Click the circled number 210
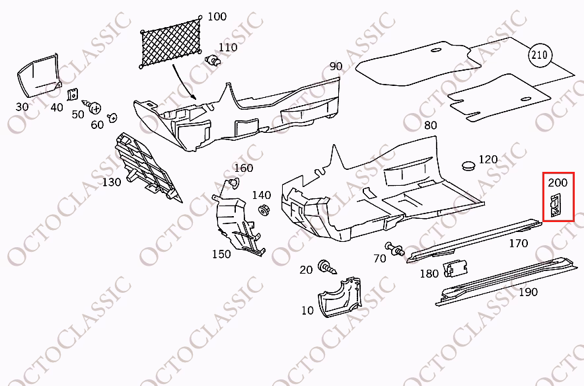[540, 55]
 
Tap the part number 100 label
[217, 17]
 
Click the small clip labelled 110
[213, 60]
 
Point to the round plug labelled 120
[468, 165]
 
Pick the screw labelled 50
[92, 107]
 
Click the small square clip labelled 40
[73, 95]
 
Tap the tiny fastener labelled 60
[112, 118]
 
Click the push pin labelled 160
[233, 183]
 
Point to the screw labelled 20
[326, 267]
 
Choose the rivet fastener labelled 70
[394, 249]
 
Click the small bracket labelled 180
[455, 268]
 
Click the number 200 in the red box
[558, 182]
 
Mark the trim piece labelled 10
[339, 297]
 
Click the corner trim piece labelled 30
[38, 75]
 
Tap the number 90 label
[336, 66]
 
